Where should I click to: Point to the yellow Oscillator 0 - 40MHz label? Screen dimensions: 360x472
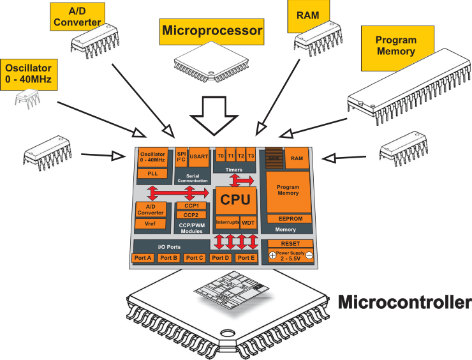[x=29, y=74]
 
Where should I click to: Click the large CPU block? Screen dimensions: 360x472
[x=235, y=200]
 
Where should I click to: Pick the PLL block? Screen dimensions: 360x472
[x=152, y=174]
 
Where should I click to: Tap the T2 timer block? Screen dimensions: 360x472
[x=240, y=156]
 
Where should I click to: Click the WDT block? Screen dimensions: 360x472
[x=248, y=223]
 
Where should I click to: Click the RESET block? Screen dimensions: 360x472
[x=290, y=244]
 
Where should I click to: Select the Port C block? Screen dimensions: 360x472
[x=194, y=258]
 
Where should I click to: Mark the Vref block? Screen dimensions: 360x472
[x=151, y=224]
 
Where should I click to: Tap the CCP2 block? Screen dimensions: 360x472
[x=191, y=215]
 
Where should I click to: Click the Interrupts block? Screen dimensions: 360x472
[x=226, y=223]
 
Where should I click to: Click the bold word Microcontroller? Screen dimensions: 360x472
[x=404, y=302]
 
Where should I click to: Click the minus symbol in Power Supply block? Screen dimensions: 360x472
[x=308, y=255]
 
